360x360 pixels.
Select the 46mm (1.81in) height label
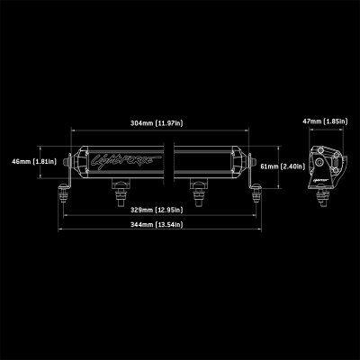[x=22, y=161]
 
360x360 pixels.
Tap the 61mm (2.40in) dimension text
[x=274, y=166]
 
